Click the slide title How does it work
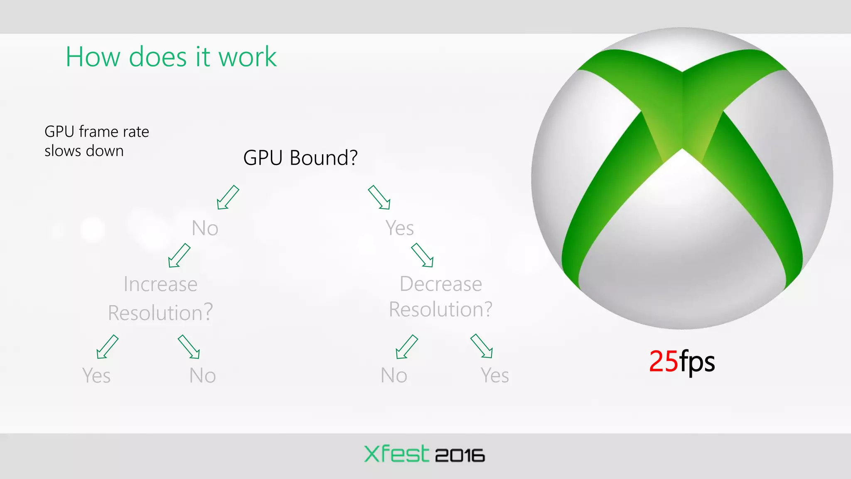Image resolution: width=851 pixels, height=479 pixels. (171, 57)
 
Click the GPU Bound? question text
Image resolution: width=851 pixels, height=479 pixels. (300, 158)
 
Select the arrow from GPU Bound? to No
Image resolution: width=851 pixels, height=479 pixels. (228, 197)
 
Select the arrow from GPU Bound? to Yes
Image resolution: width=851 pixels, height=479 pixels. (379, 197)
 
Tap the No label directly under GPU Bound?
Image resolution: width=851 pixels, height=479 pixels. (205, 228)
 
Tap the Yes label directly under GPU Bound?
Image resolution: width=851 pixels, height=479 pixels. (399, 228)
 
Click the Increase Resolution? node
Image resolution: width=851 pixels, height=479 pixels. (160, 298)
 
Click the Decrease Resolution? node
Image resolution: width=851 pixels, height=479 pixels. (440, 296)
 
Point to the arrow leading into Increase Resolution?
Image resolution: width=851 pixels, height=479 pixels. (180, 255)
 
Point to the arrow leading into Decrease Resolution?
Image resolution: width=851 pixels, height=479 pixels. (422, 255)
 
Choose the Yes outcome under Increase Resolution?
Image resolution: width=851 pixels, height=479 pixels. (96, 375)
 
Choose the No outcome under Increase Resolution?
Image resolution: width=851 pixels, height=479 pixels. (202, 375)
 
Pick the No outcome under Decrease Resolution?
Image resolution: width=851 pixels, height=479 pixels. (394, 375)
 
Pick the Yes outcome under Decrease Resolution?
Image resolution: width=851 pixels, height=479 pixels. (494, 375)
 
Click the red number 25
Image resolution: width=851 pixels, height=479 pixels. (663, 361)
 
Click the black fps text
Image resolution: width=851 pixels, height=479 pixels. (697, 362)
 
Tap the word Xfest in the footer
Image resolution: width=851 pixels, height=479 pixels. (396, 454)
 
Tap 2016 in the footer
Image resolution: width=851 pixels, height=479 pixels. (460, 456)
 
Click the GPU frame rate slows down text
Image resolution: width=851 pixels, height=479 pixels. (96, 141)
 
